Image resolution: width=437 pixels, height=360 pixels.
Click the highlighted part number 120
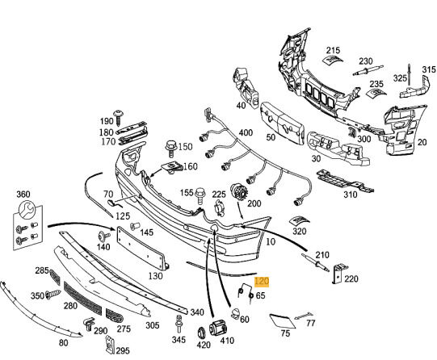(x=262, y=282)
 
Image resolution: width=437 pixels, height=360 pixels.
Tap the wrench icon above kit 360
(x=27, y=209)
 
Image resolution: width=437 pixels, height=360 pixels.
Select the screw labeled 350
(x=53, y=294)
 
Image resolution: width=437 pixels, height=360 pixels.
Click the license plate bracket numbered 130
(x=142, y=248)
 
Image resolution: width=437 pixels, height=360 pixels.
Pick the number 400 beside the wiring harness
(x=246, y=132)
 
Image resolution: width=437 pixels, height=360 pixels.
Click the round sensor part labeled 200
(x=238, y=191)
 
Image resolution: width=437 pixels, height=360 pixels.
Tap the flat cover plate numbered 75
(x=282, y=321)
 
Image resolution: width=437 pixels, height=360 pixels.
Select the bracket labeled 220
(x=339, y=274)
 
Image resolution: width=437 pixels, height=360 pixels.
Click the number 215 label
(x=333, y=50)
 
